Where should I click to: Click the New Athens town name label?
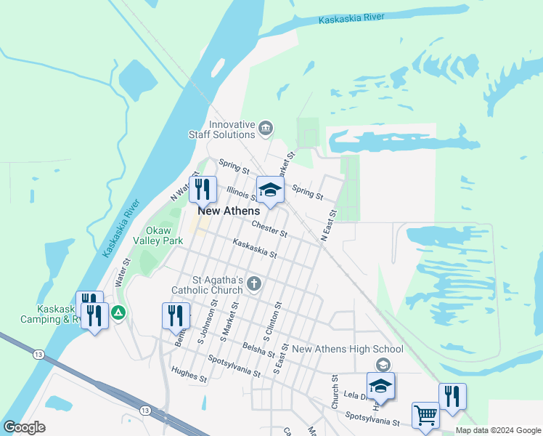229,211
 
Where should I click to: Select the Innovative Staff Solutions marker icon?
266,129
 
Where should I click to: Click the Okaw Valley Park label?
163,234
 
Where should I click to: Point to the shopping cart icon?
425,416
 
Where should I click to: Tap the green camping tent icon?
119,314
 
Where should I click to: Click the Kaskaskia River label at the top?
352,18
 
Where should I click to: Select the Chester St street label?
269,230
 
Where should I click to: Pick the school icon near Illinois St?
270,190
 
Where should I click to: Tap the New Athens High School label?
347,350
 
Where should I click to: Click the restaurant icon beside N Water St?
203,190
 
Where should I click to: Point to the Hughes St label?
189,374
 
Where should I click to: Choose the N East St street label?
329,225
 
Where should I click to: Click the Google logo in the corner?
24,427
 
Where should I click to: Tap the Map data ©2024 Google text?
497,430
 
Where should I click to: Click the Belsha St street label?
259,350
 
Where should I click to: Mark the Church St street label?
335,392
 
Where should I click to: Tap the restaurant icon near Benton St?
176,316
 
